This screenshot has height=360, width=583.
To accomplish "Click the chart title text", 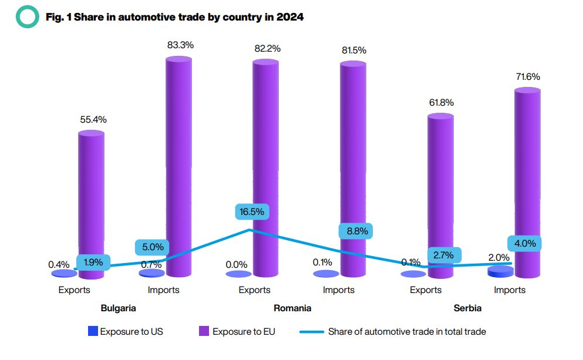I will point(174,17).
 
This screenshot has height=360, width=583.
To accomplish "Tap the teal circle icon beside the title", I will point(27,17).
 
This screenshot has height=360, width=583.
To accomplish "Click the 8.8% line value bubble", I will point(356,231).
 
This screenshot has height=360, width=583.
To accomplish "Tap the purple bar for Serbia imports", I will point(527,182).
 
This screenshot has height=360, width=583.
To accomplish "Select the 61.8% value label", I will point(442,103).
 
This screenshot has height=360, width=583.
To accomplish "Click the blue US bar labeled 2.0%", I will point(500,271).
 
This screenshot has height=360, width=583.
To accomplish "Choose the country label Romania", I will point(292,308).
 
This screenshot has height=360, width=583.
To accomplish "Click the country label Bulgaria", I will point(118,308).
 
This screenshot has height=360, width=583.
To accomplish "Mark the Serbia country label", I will point(467,308).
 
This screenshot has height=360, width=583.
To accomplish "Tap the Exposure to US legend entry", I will point(125,331).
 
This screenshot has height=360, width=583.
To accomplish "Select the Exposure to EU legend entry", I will point(237,331).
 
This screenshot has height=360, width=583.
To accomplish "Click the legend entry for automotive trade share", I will point(393,331).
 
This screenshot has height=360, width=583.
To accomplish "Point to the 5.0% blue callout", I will point(153,247).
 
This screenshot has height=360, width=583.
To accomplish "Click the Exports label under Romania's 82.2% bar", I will point(254,290).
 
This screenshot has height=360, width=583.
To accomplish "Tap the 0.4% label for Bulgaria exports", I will point(59,265).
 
